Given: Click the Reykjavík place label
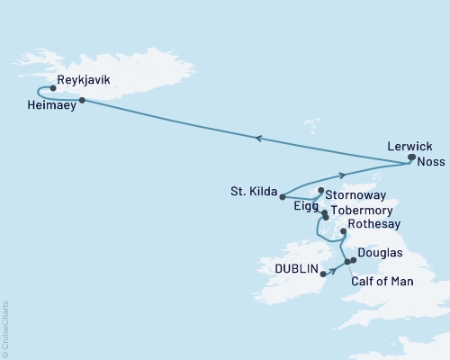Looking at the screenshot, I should [83, 80].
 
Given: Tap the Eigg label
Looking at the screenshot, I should [306, 206].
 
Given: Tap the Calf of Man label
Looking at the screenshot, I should [381, 282].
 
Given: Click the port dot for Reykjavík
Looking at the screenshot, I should [54, 88].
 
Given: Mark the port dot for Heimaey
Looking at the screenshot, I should [82, 100].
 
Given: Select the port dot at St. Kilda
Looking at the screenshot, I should [282, 196].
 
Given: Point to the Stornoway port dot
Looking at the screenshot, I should [320, 191].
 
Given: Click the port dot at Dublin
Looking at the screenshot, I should [324, 276].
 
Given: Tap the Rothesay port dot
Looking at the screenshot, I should [343, 231].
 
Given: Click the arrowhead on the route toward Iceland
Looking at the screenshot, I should [258, 138].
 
